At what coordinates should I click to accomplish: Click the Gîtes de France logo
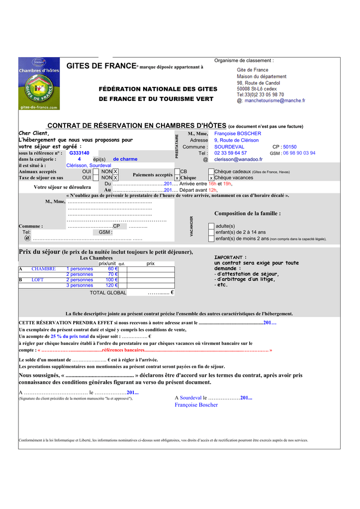[39, 84]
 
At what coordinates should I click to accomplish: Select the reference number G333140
[80, 153]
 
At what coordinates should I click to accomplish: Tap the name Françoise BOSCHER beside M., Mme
[237, 134]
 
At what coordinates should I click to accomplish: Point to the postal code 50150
[290, 147]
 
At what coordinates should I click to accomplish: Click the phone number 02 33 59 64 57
[230, 153]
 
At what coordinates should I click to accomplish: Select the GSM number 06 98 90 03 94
[299, 153]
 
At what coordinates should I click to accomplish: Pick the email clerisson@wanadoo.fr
[238, 160]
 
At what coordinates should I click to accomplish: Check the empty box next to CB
[177, 171]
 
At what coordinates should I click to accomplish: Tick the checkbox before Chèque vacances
[211, 177]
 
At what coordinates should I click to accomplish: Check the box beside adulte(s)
[211, 226]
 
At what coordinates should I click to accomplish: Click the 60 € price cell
[113, 269]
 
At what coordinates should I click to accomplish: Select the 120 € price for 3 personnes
[111, 285]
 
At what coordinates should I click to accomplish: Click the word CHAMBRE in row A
[44, 269]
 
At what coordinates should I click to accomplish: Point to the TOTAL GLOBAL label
[108, 293]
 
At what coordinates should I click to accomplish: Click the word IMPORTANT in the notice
[230, 257]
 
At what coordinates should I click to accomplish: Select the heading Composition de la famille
[247, 213]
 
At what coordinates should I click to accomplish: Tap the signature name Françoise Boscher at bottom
[196, 405]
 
